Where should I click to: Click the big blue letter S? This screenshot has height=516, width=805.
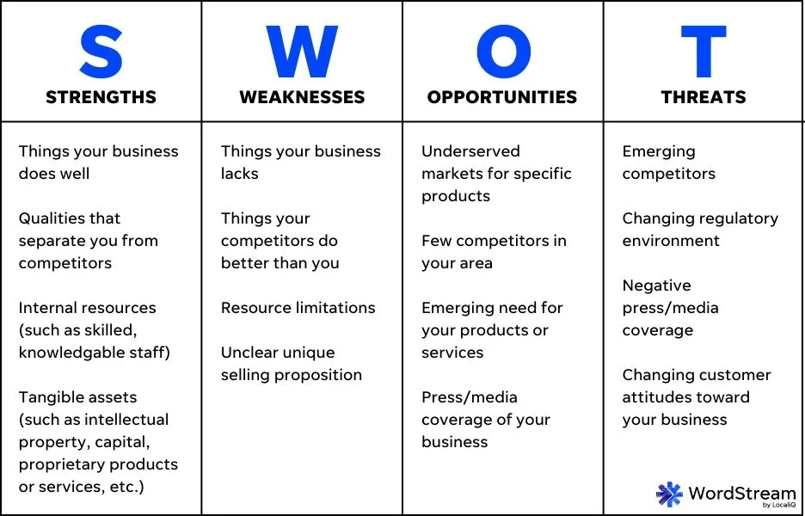click(x=101, y=52)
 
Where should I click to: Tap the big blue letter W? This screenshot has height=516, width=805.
click(x=302, y=52)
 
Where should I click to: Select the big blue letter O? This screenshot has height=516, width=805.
click(x=502, y=52)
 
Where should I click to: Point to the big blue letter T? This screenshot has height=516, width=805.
click(x=704, y=52)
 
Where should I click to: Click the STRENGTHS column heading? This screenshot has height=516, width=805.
click(x=101, y=97)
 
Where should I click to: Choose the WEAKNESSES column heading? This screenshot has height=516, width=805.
click(x=302, y=97)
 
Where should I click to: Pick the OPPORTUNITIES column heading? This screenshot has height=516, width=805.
click(x=502, y=97)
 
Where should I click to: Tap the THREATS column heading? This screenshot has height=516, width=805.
click(x=704, y=97)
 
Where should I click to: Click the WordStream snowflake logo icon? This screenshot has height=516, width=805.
click(x=669, y=494)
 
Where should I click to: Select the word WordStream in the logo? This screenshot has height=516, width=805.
click(x=741, y=493)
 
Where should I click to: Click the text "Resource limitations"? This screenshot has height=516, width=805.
click(x=298, y=308)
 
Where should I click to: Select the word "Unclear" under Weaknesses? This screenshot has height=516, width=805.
click(x=249, y=353)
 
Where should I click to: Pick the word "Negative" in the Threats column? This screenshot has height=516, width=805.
click(x=656, y=286)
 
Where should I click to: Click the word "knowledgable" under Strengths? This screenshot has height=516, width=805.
click(x=71, y=353)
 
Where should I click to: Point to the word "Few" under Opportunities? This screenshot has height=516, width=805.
click(x=436, y=241)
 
